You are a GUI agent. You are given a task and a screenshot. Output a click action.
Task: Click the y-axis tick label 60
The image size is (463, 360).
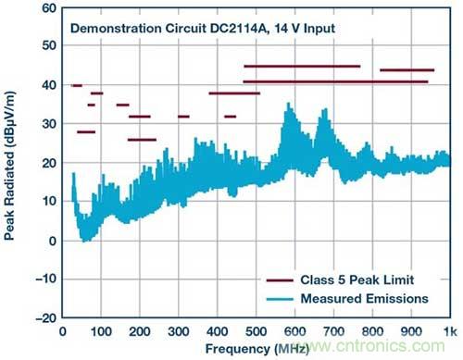click(x=49, y=8)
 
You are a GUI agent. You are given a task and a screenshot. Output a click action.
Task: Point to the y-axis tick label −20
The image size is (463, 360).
click(x=46, y=317)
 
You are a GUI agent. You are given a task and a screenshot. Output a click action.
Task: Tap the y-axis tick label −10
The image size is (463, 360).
click(x=46, y=279)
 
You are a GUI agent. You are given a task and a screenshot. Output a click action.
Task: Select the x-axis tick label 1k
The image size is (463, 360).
click(x=450, y=332)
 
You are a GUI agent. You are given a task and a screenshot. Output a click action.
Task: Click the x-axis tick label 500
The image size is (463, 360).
click(x=257, y=332)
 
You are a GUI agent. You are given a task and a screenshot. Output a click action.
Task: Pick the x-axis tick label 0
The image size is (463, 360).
click(x=62, y=332)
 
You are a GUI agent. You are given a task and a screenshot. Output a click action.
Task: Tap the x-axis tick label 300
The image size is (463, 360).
click(x=179, y=332)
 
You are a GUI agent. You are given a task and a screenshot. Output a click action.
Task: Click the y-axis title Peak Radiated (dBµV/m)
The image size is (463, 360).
click(x=9, y=166)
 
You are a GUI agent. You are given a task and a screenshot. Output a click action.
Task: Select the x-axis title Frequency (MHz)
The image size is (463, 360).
click(x=257, y=349)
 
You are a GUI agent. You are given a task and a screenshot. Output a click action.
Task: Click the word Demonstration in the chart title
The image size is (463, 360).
click(x=116, y=29)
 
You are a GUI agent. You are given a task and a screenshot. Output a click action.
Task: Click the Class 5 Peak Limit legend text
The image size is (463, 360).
click(x=357, y=279)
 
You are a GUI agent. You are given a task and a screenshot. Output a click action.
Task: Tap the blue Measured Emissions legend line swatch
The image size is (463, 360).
click(x=280, y=299)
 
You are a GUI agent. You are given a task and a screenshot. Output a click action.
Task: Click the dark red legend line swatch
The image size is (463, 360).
click(x=280, y=280)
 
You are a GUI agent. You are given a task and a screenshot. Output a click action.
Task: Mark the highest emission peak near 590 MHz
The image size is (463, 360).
click(x=289, y=104)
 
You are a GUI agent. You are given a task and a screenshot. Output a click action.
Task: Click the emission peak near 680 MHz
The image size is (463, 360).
click(x=325, y=109)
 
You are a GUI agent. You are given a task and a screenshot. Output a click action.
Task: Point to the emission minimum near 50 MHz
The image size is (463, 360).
click(x=83, y=241)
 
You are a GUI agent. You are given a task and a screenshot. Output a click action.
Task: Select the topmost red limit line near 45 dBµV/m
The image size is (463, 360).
click(x=302, y=67)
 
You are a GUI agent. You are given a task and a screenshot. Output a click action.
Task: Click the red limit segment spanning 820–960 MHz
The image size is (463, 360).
click(x=407, y=70)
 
